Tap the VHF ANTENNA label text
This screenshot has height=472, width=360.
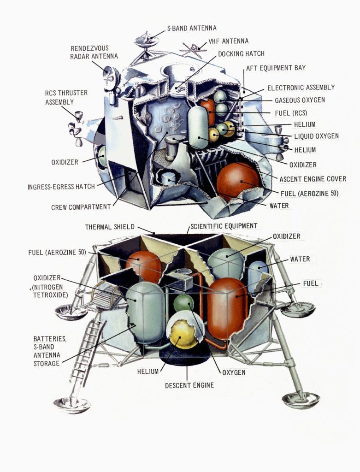point(228,41)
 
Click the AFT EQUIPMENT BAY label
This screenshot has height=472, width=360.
point(276,68)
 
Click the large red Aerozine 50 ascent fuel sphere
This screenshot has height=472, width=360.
point(238,181)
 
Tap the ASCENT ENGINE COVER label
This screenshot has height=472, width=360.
point(313,179)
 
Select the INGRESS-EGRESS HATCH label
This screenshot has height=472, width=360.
point(67,187)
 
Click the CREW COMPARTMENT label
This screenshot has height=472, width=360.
point(81,207)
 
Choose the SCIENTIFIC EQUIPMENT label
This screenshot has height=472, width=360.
point(224,226)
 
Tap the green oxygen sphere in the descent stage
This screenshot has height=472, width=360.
point(183,303)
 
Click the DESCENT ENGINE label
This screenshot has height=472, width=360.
point(189,385)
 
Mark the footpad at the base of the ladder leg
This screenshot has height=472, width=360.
point(72,404)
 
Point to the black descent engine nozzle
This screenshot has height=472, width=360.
point(184,357)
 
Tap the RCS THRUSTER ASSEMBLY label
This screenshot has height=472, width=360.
point(66,97)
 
